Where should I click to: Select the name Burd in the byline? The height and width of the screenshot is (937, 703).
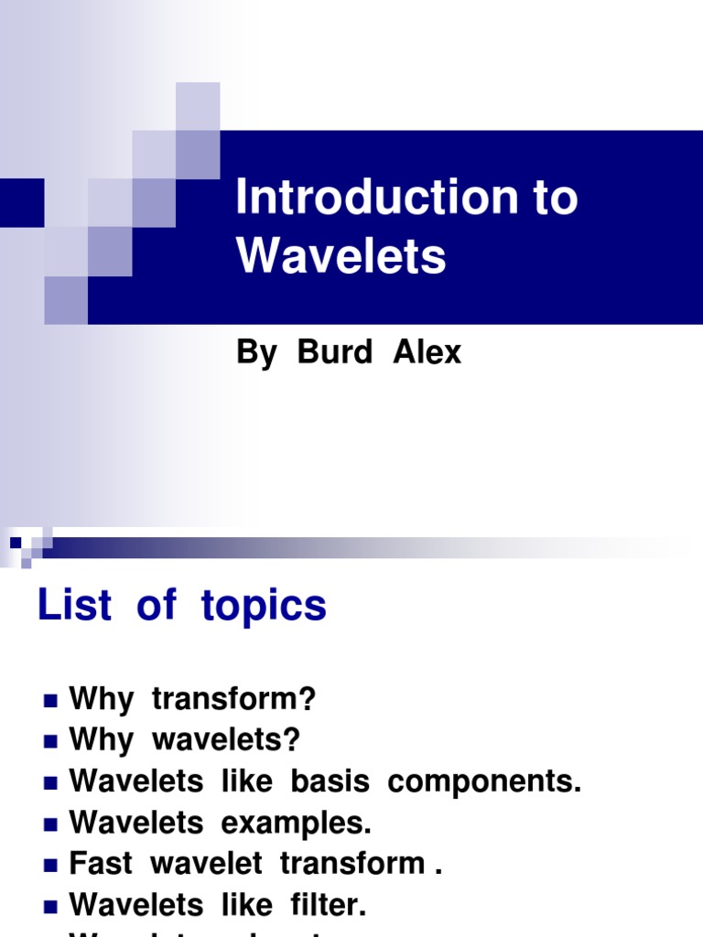[x=334, y=352]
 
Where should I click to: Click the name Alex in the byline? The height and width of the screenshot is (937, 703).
[x=427, y=352]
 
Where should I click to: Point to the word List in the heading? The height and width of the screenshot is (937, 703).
[x=74, y=606]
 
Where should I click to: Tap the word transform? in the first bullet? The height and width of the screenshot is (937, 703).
[x=233, y=700]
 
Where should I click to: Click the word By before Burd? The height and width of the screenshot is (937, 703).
[x=256, y=353]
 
